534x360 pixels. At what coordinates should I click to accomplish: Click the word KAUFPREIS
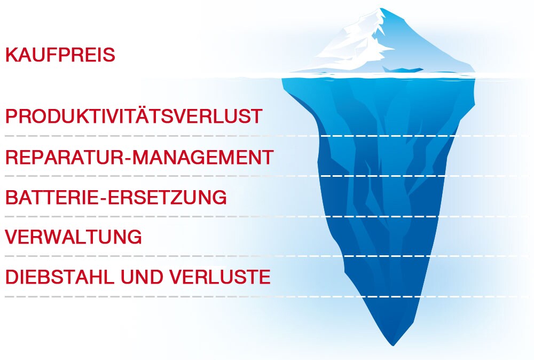click(x=60, y=55)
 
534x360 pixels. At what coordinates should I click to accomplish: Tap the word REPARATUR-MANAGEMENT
click(x=139, y=157)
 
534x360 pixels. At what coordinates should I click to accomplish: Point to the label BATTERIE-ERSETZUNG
click(x=116, y=197)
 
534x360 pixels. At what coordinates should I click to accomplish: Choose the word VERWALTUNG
click(x=74, y=237)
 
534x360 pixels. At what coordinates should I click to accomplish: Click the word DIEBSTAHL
click(x=60, y=277)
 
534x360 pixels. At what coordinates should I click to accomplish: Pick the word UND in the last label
click(x=143, y=277)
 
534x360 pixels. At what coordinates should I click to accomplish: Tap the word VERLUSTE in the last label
click(x=221, y=277)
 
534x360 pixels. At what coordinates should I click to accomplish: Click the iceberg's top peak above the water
click(x=381, y=9)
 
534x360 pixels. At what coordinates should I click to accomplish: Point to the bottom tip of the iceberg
click(x=393, y=345)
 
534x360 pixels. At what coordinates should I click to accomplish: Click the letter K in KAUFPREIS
click(x=12, y=55)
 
